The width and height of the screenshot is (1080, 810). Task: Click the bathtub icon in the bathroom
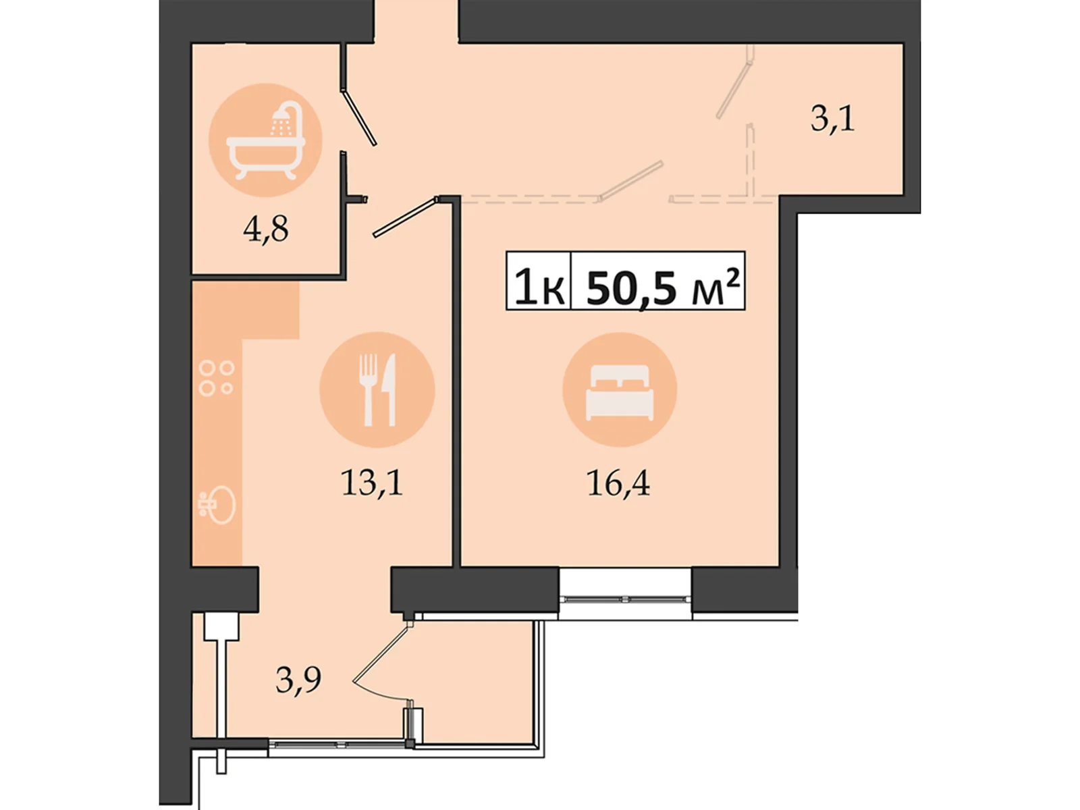tap(265, 140)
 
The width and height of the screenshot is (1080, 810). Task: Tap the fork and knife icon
tap(377, 389)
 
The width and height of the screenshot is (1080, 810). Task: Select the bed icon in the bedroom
tap(620, 392)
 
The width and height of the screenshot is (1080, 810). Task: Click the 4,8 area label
tap(265, 230)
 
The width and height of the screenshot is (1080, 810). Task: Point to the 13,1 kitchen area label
tap(372, 483)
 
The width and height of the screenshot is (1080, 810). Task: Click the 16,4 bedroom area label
tap(618, 483)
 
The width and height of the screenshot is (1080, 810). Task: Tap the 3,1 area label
tap(832, 119)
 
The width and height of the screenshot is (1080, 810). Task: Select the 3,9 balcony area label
tap(298, 680)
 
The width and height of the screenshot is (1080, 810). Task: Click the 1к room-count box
tap(538, 280)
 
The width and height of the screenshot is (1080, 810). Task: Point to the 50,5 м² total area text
tap(664, 288)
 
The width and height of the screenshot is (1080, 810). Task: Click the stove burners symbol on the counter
tap(216, 378)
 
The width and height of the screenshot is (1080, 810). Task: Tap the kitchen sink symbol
tap(217, 505)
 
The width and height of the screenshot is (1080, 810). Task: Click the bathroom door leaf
tap(358, 117)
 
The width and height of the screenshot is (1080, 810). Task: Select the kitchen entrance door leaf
tap(406, 217)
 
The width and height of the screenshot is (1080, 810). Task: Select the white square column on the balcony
tap(221, 626)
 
